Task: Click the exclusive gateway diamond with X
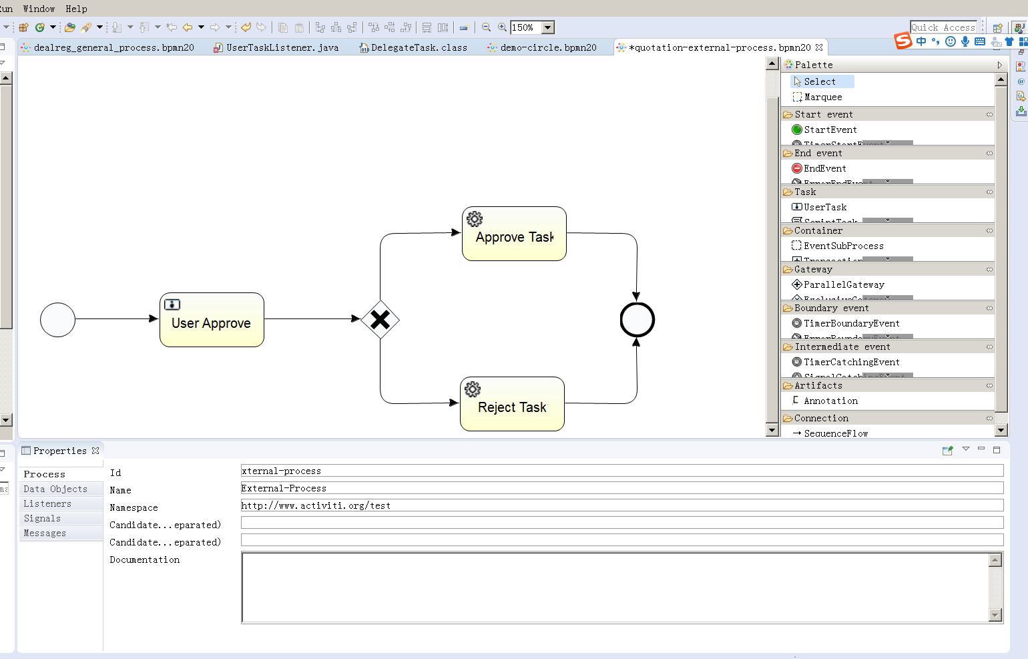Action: [x=380, y=320]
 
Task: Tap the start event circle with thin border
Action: [x=57, y=320]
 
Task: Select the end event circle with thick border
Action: [x=637, y=320]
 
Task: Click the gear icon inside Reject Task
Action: [x=473, y=389]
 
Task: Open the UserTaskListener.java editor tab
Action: [x=282, y=47]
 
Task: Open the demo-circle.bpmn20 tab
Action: [x=548, y=47]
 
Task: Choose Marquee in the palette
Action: [x=822, y=97]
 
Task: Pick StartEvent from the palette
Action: [x=830, y=130]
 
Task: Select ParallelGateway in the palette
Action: [x=843, y=284]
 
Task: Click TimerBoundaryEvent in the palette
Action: [x=851, y=323]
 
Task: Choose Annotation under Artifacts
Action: [x=830, y=401]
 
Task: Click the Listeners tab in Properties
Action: [x=47, y=503]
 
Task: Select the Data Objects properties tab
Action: [x=55, y=489]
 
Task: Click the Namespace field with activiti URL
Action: [x=621, y=505]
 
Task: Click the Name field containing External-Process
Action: [x=621, y=488]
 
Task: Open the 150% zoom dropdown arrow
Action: [x=548, y=27]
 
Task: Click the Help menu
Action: [x=76, y=9]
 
